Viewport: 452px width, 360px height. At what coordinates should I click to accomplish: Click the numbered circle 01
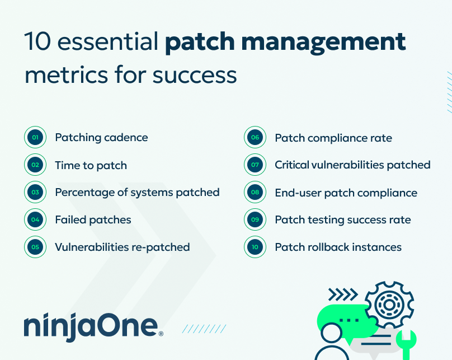tap(35, 137)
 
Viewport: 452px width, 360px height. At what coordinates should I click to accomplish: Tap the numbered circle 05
tap(35, 247)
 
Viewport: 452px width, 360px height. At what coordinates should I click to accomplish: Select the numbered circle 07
tap(255, 165)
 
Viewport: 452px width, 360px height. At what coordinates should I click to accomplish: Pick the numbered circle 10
tap(255, 247)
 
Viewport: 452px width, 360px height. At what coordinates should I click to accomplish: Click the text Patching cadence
tap(101, 138)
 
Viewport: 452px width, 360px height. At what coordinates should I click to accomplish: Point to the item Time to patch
tap(91, 166)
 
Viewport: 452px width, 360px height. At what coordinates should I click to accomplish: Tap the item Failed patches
tap(93, 220)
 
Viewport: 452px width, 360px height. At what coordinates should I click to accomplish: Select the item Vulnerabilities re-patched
tap(123, 247)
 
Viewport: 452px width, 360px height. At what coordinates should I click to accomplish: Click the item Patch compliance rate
tap(333, 138)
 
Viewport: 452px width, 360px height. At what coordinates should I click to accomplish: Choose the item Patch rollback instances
tap(338, 247)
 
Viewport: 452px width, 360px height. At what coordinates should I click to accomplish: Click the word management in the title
tap(323, 43)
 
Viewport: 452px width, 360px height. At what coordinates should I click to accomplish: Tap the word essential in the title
tap(108, 41)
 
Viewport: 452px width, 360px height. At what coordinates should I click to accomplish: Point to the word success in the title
tap(195, 76)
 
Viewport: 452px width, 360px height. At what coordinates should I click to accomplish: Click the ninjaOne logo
tap(93, 326)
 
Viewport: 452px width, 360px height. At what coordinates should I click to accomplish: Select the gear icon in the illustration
tap(389, 305)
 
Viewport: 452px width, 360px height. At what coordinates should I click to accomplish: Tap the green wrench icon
tap(407, 345)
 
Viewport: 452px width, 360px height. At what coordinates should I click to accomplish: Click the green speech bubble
tap(346, 320)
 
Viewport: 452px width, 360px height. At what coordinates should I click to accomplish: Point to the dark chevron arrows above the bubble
tap(343, 294)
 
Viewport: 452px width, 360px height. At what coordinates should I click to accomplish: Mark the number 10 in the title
tap(38, 41)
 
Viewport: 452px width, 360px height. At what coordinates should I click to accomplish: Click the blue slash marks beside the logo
tap(204, 329)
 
